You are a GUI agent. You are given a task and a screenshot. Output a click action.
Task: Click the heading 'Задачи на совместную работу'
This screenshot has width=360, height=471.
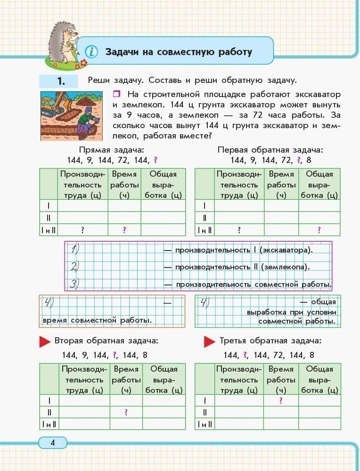(178, 51)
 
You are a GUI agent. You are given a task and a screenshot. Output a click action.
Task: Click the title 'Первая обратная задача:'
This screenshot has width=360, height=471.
(270, 150)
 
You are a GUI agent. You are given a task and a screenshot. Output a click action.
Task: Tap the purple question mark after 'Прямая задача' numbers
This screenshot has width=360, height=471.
(155, 160)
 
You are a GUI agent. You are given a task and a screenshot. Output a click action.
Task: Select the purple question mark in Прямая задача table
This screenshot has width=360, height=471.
(124, 230)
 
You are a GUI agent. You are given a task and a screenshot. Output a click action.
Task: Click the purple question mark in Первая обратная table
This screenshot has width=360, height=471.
(319, 230)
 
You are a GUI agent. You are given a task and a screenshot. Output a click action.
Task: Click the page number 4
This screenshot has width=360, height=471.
(52, 442)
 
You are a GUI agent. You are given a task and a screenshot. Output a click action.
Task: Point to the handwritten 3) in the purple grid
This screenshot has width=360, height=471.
(74, 284)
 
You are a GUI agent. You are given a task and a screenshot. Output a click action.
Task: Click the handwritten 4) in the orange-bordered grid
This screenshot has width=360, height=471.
(49, 303)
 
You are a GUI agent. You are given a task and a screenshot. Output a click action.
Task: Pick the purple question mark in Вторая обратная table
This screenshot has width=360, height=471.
(126, 412)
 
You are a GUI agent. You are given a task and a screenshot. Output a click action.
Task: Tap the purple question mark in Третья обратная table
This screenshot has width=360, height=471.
(281, 400)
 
